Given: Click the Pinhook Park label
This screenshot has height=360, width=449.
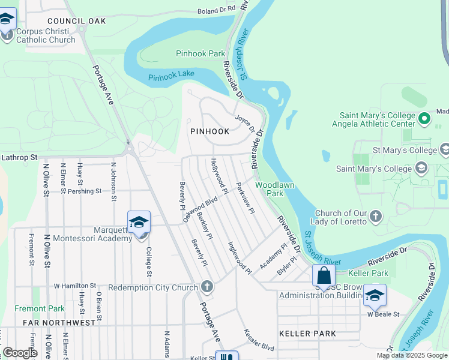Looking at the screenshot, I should click(x=200, y=53).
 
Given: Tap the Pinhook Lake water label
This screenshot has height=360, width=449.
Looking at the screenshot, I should click(x=172, y=77).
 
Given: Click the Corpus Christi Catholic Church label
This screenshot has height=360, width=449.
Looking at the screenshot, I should click(x=46, y=35).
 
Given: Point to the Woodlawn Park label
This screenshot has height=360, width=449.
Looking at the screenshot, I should click(x=275, y=189).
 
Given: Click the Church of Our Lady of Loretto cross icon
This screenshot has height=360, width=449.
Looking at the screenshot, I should click(x=375, y=215).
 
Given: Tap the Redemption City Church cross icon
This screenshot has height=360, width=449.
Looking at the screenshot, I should click(x=206, y=287).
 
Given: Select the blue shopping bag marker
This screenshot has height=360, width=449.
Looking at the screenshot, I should click(x=324, y=277).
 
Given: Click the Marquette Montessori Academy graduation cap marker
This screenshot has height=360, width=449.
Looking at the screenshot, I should click(x=139, y=222).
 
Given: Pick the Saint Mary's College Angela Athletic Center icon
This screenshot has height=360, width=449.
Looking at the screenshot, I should click(x=425, y=119).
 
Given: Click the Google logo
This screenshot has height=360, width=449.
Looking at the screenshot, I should click(x=20, y=352).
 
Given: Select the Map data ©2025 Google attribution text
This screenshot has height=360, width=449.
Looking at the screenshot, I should click(x=411, y=355).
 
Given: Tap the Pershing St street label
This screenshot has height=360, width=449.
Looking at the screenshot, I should click(x=84, y=191).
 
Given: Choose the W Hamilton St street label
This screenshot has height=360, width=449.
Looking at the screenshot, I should click(x=75, y=286).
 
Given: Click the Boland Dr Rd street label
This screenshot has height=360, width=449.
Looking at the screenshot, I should click(x=217, y=10).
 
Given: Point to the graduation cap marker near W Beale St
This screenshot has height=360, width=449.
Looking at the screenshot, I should click(x=375, y=295).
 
